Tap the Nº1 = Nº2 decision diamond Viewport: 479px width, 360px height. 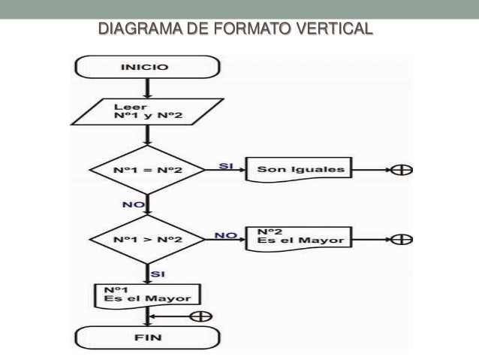(x=147, y=170)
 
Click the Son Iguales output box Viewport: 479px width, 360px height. (x=301, y=170)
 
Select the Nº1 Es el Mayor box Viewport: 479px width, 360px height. (x=147, y=294)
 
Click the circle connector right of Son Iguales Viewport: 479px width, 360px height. (x=405, y=170)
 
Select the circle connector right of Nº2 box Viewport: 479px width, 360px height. (x=405, y=240)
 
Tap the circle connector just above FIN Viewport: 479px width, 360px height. (x=200, y=316)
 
